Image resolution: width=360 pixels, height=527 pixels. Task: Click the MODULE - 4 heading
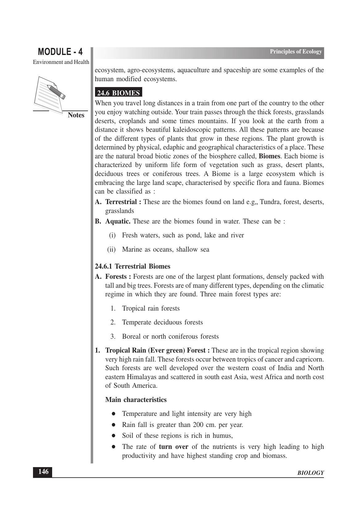coord(60,52)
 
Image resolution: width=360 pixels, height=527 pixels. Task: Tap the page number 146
coord(43,472)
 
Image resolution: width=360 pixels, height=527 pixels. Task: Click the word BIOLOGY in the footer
coord(311,473)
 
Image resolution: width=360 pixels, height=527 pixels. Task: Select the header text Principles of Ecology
coord(296,52)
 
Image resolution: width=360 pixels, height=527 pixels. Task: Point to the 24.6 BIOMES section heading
coord(118,93)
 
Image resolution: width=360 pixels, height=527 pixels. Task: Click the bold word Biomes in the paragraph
coord(269,156)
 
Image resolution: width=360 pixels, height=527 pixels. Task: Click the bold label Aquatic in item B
coord(118,221)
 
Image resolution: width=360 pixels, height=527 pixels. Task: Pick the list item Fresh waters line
coord(183,235)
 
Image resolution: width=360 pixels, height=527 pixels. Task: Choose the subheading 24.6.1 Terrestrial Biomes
coord(132,266)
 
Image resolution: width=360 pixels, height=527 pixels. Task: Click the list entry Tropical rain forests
coord(151,308)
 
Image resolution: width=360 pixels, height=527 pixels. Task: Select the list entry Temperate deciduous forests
coord(162,322)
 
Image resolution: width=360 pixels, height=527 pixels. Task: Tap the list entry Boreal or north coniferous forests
coord(170,337)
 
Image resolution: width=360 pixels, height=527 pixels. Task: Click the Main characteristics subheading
coord(136,400)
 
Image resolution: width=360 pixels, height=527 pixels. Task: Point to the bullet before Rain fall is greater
coord(114,425)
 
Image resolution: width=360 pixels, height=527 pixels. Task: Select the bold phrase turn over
coord(173,447)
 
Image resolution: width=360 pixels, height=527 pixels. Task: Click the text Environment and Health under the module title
coord(61,62)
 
